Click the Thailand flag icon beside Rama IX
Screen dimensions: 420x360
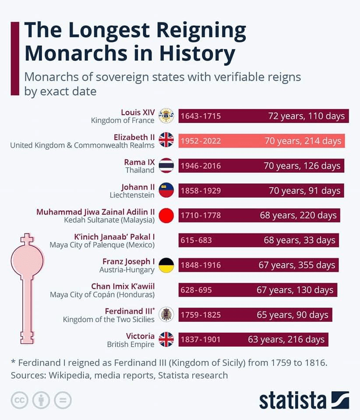[166, 165]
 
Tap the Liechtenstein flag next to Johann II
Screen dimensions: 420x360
[166, 190]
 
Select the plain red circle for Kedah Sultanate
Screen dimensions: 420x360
[166, 215]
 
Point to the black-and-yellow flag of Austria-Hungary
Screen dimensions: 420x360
[166, 265]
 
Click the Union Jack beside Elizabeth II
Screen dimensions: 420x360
[166, 140]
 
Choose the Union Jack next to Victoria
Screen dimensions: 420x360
[166, 339]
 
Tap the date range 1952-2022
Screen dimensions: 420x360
[201, 141]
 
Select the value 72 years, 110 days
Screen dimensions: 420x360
[306, 116]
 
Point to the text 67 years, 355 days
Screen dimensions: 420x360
[296, 265]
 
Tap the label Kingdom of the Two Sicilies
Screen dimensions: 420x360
[109, 319]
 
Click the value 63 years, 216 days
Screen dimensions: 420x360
[286, 339]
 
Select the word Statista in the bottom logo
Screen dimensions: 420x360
[292, 400]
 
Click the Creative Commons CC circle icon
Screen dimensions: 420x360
[20, 400]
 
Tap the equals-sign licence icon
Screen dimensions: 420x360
[63, 400]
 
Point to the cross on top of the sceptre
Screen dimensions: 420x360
[27, 239]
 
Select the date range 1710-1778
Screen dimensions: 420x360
[201, 215]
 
